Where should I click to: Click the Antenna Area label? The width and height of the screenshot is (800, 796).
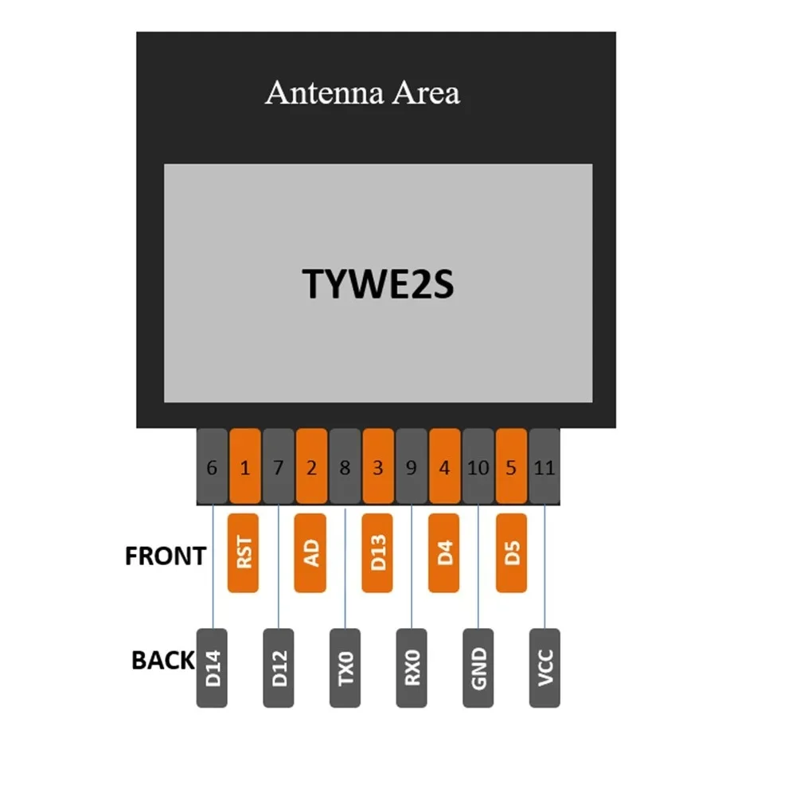coord(362,93)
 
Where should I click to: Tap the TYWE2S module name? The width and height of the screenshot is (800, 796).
coord(378,283)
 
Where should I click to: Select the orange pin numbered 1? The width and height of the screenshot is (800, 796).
coord(245,467)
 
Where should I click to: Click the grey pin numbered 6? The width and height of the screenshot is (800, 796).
coord(212,467)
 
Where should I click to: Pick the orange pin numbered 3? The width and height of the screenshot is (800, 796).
coord(378,467)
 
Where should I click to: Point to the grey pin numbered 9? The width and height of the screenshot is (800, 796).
coord(412,467)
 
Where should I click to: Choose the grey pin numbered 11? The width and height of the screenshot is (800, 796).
coord(544,467)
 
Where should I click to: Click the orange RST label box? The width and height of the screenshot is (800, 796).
coord(244,553)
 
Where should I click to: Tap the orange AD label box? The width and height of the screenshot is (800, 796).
coord(310,553)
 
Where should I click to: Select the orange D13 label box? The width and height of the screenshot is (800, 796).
coord(378,553)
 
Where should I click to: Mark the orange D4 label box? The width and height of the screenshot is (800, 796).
coord(444,553)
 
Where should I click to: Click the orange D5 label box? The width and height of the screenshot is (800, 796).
coord(512,553)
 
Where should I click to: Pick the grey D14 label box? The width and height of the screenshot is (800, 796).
coord(212,668)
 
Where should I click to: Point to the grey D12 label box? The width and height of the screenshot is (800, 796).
coord(279,668)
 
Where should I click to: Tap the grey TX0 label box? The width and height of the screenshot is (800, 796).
coord(345,668)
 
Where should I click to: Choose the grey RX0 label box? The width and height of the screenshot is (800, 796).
coord(412,668)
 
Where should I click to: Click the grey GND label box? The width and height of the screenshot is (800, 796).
coord(478,668)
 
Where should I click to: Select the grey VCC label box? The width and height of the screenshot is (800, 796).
coord(544,668)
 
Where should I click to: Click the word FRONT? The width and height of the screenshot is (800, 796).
coord(166,556)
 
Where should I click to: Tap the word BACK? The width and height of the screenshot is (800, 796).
coord(162,660)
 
